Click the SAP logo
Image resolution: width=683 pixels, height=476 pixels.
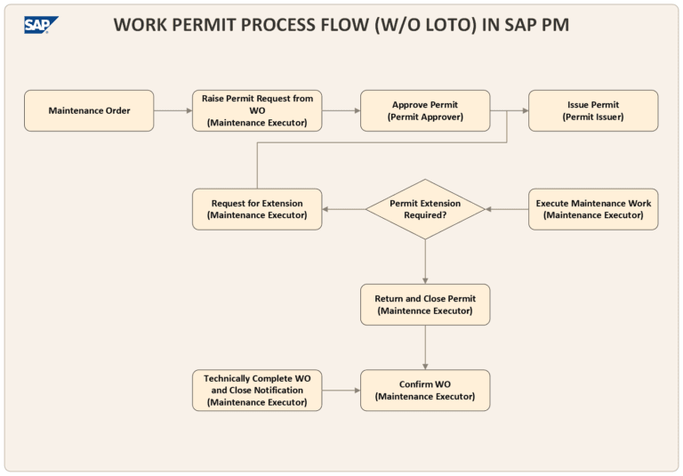(x=41, y=25)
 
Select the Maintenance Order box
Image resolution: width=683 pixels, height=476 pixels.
(x=89, y=110)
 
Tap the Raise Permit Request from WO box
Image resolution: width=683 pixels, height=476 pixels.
(x=257, y=110)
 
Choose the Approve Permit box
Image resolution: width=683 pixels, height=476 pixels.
(x=425, y=110)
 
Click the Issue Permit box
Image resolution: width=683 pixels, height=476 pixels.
(x=593, y=110)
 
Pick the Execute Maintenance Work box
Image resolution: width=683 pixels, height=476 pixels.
(x=593, y=209)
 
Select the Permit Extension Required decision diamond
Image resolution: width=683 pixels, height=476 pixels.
(x=425, y=209)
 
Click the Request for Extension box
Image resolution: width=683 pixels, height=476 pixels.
(x=257, y=209)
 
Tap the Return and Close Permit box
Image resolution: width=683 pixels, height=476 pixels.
(x=425, y=304)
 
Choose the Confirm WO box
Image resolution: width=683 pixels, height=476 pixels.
(x=425, y=390)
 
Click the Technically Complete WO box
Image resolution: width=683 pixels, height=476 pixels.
(x=257, y=390)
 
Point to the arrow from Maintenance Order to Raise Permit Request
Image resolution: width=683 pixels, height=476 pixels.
(x=173, y=110)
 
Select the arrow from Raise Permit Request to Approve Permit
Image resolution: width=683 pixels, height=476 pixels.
(x=341, y=110)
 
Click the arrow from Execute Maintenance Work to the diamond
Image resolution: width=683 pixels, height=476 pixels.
(x=507, y=209)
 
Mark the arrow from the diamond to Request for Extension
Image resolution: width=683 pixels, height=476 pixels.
(x=344, y=209)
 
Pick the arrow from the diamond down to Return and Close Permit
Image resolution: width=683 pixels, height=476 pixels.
(x=425, y=262)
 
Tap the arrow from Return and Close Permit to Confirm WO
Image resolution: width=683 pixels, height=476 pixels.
(x=425, y=347)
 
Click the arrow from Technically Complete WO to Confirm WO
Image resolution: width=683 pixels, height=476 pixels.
(x=341, y=390)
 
